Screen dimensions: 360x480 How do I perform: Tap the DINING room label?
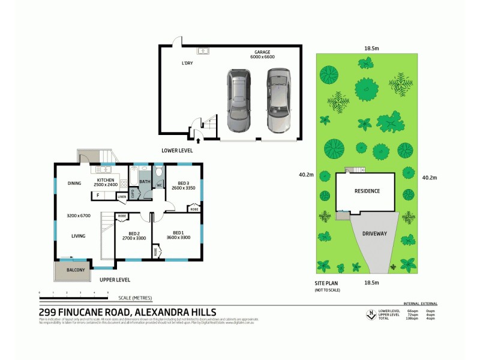(75, 184)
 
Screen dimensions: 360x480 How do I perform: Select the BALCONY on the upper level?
(71, 271)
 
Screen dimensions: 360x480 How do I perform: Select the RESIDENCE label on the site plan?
(366, 191)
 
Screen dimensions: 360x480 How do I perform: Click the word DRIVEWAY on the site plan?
(374, 233)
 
